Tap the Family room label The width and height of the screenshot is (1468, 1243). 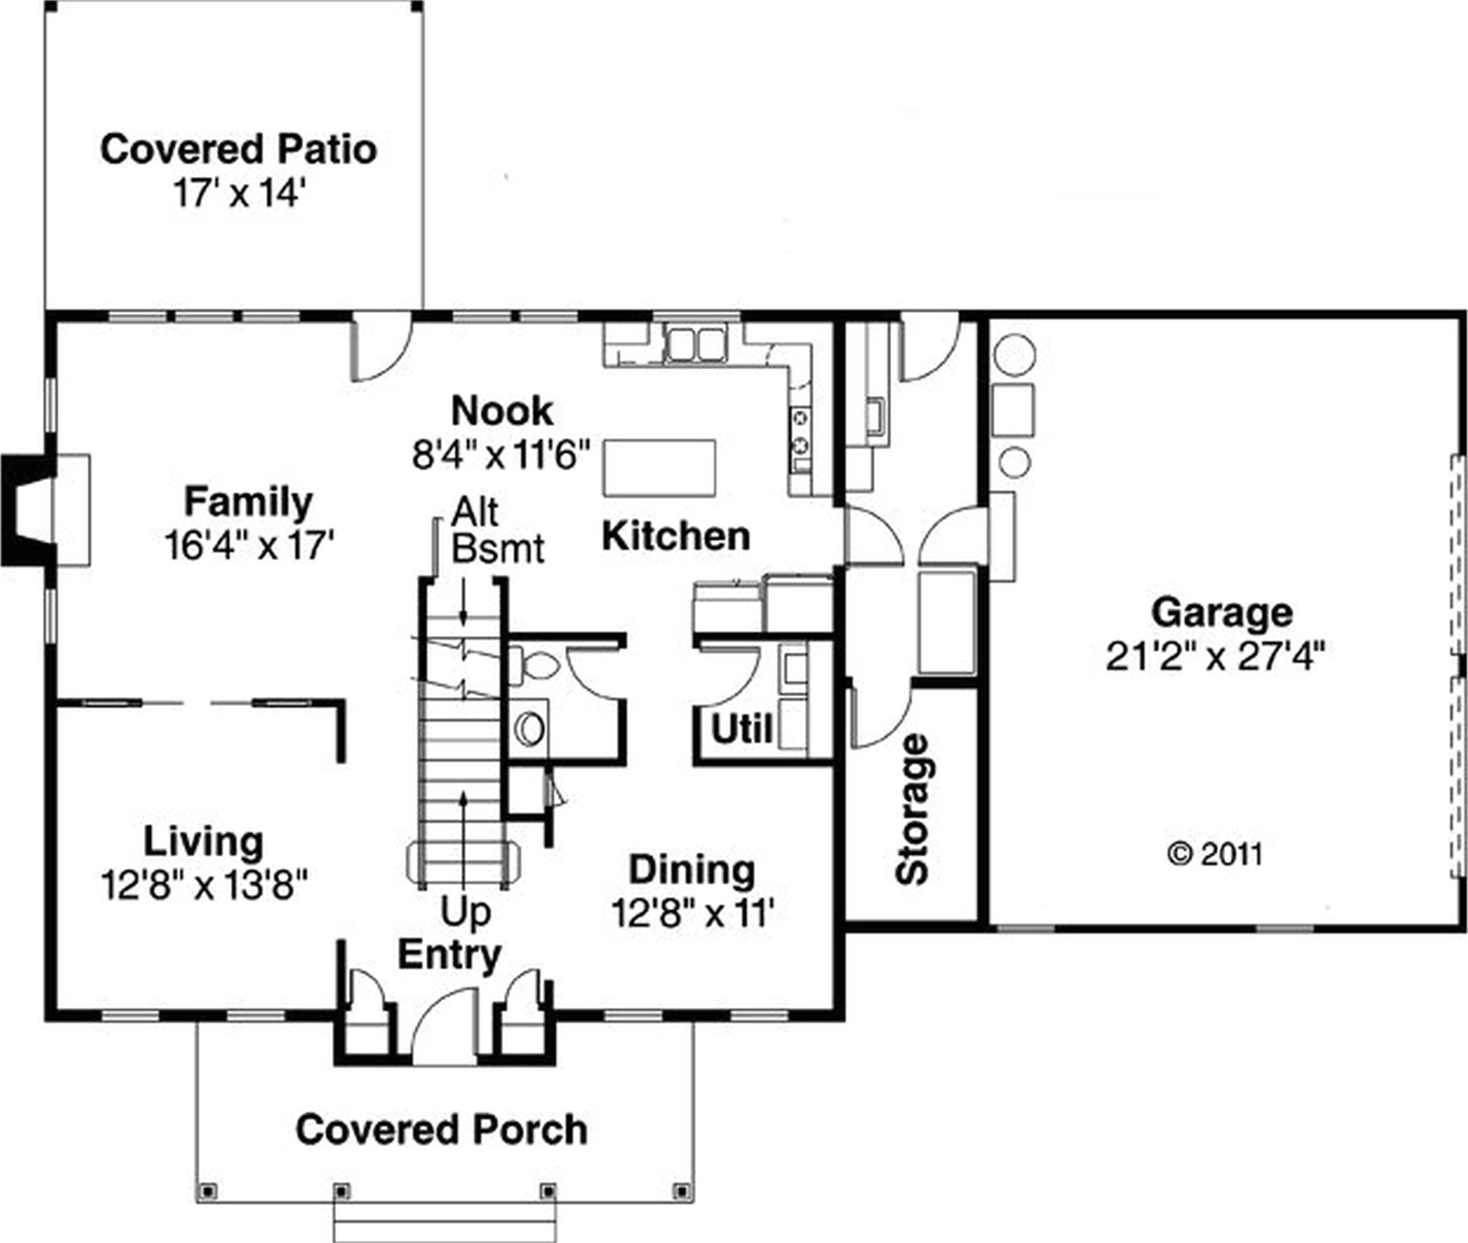(x=248, y=503)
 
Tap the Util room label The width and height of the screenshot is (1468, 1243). (x=741, y=729)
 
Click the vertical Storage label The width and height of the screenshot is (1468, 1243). (x=913, y=809)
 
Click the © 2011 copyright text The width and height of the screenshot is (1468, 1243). (x=1215, y=854)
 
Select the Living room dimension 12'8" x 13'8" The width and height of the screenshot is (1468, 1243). (x=204, y=885)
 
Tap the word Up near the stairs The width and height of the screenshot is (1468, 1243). (x=465, y=912)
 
